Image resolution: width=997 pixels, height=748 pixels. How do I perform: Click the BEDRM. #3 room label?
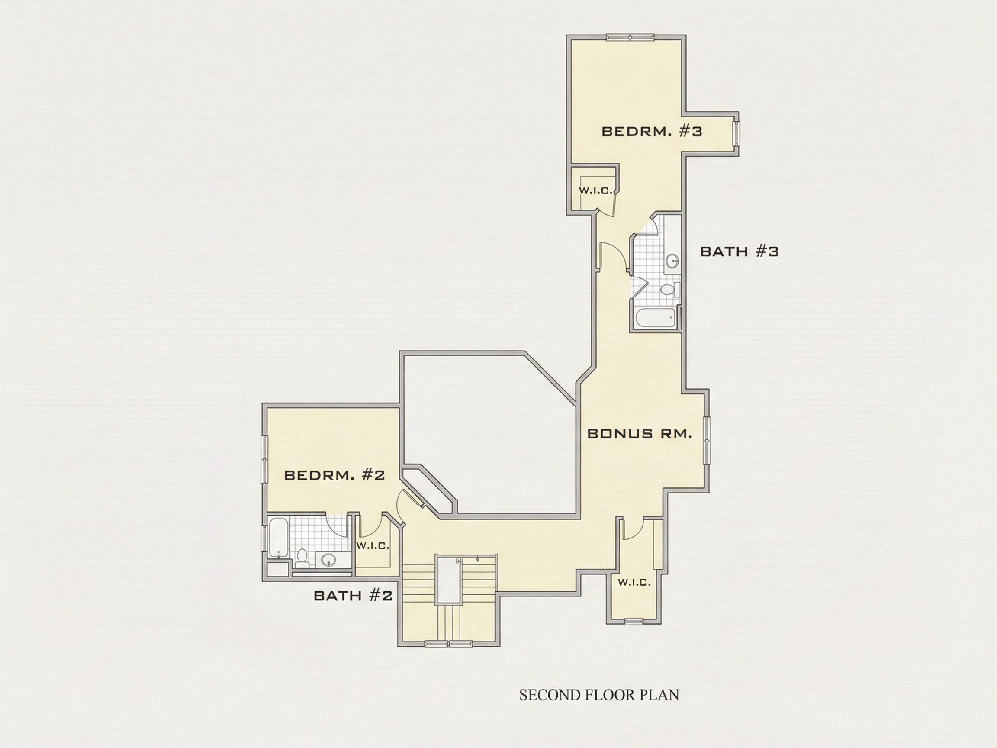tap(652, 132)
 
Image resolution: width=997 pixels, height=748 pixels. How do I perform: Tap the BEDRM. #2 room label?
tap(334, 476)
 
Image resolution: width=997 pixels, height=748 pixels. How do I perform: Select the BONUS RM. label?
tap(640, 434)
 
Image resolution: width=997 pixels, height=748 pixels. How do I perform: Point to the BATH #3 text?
tap(739, 251)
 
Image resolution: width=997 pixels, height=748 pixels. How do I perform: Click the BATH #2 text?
tap(353, 596)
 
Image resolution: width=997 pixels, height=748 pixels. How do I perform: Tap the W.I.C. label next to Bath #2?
tap(373, 546)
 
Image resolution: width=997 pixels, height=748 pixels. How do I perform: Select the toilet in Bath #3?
tap(670, 289)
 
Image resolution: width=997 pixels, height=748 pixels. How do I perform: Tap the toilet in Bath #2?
tap(302, 559)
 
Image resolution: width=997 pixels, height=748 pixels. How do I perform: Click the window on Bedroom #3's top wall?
tap(630, 37)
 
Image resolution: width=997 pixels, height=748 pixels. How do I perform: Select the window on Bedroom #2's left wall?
tap(265, 459)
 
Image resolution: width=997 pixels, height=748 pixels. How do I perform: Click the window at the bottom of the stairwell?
tap(448, 644)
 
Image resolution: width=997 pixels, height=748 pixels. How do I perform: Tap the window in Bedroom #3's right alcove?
tap(736, 133)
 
